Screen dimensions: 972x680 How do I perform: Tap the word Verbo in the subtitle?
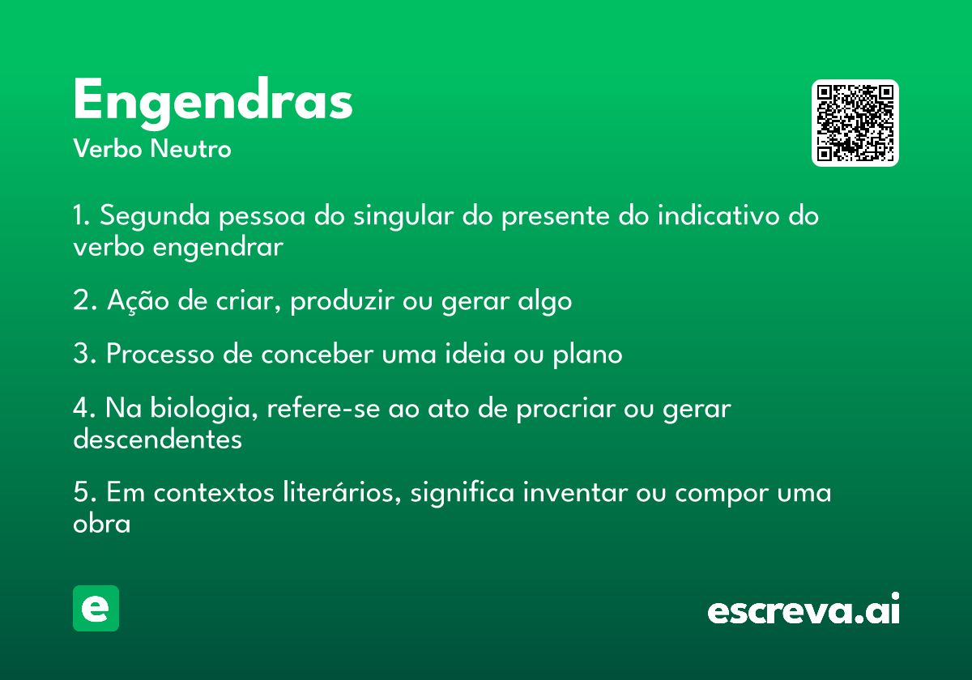pyautogui.click(x=108, y=148)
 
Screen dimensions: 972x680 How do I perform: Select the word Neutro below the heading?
pyautogui.click(x=190, y=148)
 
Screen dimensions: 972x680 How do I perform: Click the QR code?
pyautogui.click(x=855, y=123)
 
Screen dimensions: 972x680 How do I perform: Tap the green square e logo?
pyautogui.click(x=96, y=608)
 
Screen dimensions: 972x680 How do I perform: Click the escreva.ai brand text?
pyautogui.click(x=804, y=609)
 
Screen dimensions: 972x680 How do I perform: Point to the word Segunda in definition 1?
pyautogui.click(x=155, y=216)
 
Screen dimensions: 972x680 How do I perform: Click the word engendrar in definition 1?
pyautogui.click(x=218, y=248)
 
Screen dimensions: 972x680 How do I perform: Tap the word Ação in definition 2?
pyautogui.click(x=138, y=300)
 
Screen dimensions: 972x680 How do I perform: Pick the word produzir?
pyautogui.click(x=343, y=300)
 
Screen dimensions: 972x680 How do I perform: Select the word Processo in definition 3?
pyautogui.click(x=160, y=354)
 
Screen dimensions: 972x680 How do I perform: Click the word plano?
pyautogui.click(x=587, y=355)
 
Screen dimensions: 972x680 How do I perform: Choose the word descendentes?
pyautogui.click(x=157, y=439)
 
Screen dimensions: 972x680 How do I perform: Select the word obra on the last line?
pyautogui.click(x=101, y=523)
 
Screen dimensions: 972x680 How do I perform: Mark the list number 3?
pyautogui.click(x=82, y=354)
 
